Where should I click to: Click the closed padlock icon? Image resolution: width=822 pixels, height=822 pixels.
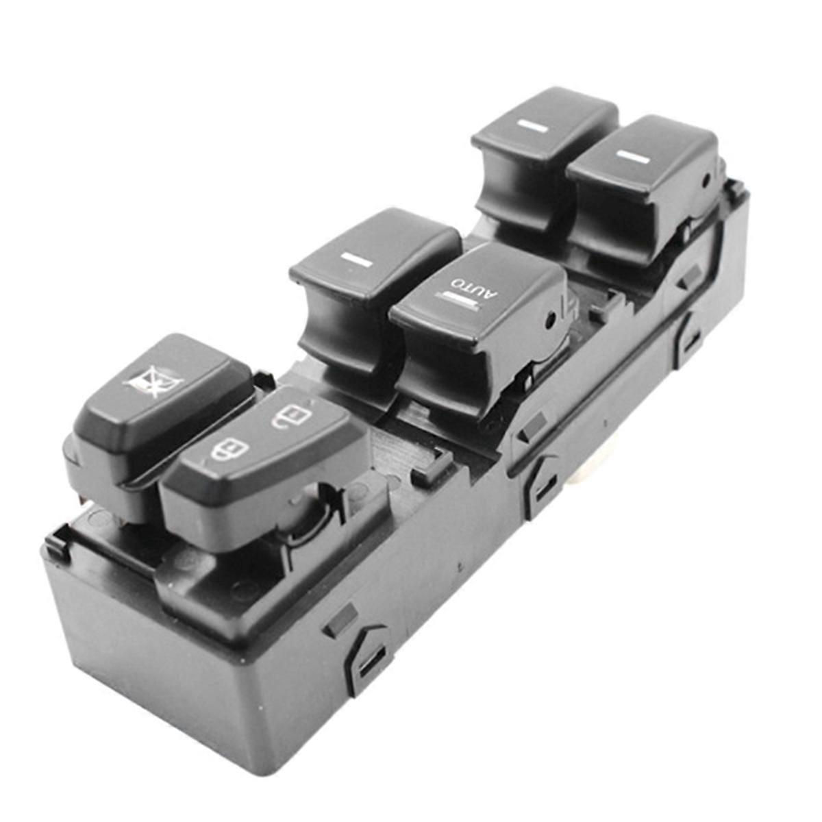click(229, 449)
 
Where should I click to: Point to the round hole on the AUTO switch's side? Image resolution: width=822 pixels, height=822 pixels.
click(549, 320)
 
